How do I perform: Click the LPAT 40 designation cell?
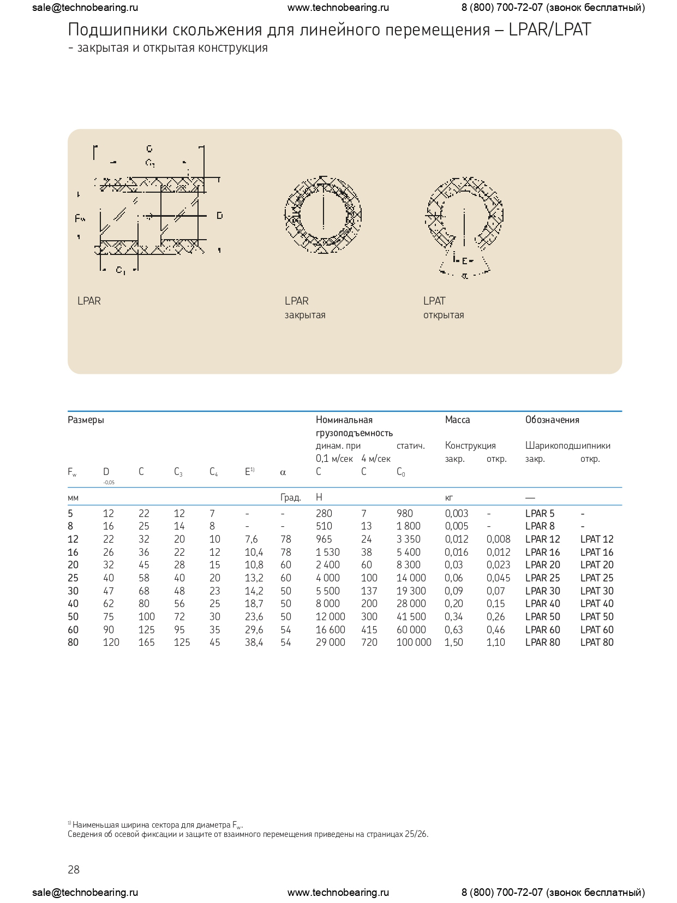596,604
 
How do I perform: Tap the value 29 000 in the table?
330,643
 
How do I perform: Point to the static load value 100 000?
414,643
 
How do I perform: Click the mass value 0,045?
498,578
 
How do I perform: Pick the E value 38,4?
254,643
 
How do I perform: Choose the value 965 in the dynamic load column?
323,539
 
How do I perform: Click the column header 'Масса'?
457,420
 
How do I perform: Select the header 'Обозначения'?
552,420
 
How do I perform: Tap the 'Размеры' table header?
86,420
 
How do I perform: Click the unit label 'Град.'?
290,497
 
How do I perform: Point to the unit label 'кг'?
449,497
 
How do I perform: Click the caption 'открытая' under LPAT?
444,315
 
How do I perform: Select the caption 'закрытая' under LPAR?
305,315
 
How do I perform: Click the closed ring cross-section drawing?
323,214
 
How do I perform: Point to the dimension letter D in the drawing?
219,216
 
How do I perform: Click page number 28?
74,870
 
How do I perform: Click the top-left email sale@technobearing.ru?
85,8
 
